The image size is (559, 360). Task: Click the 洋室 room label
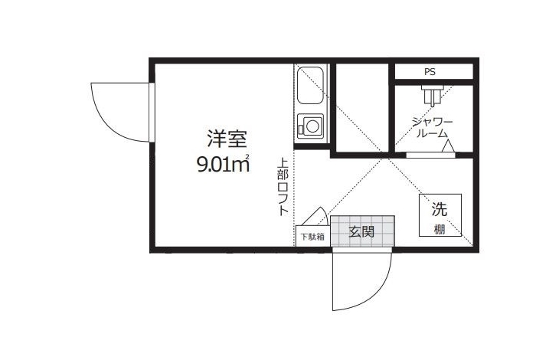[x=227, y=139]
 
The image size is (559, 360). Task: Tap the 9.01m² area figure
[x=223, y=165]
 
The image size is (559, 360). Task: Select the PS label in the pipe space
[x=430, y=72]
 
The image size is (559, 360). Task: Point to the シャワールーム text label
[x=432, y=128]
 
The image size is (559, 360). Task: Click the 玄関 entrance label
[x=361, y=231]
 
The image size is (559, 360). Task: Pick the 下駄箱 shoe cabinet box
[x=313, y=236]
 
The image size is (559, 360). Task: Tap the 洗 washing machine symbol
[x=440, y=209]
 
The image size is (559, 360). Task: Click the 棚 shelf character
[x=440, y=229]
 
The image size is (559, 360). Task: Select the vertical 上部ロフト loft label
[x=283, y=187]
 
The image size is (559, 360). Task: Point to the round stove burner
[x=312, y=126]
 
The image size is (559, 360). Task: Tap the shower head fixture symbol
[x=432, y=94]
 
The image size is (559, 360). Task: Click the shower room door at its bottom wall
[x=431, y=155]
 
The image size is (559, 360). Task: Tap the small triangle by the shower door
[x=447, y=146]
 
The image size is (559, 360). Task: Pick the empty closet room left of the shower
[x=362, y=108]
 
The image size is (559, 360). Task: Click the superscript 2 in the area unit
[x=247, y=155]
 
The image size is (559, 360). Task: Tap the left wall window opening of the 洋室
[x=152, y=113]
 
